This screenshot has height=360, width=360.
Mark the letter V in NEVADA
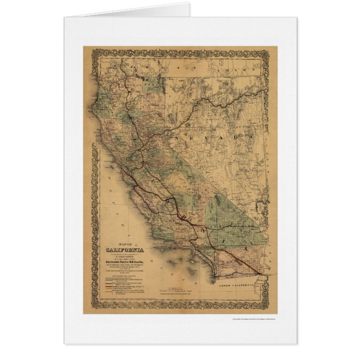point(225,136)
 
